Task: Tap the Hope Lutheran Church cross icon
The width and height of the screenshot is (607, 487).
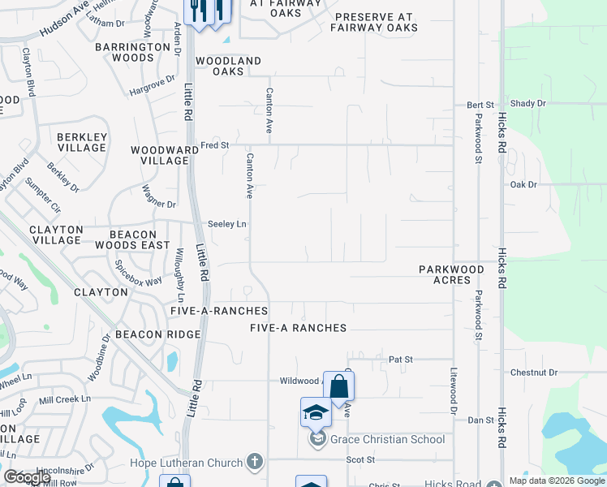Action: click(255, 463)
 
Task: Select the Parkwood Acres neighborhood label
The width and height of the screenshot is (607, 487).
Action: click(451, 274)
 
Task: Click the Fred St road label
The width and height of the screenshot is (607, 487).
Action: click(216, 144)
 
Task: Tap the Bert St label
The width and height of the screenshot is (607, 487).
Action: click(480, 105)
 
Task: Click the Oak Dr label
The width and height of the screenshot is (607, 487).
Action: click(523, 185)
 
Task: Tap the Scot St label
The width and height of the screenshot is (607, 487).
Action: click(359, 459)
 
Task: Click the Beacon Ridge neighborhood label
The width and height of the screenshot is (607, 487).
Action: click(157, 334)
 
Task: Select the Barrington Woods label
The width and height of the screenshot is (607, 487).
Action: click(132, 53)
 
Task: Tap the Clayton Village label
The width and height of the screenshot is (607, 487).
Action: click(55, 235)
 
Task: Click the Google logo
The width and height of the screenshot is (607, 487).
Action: click(27, 477)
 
